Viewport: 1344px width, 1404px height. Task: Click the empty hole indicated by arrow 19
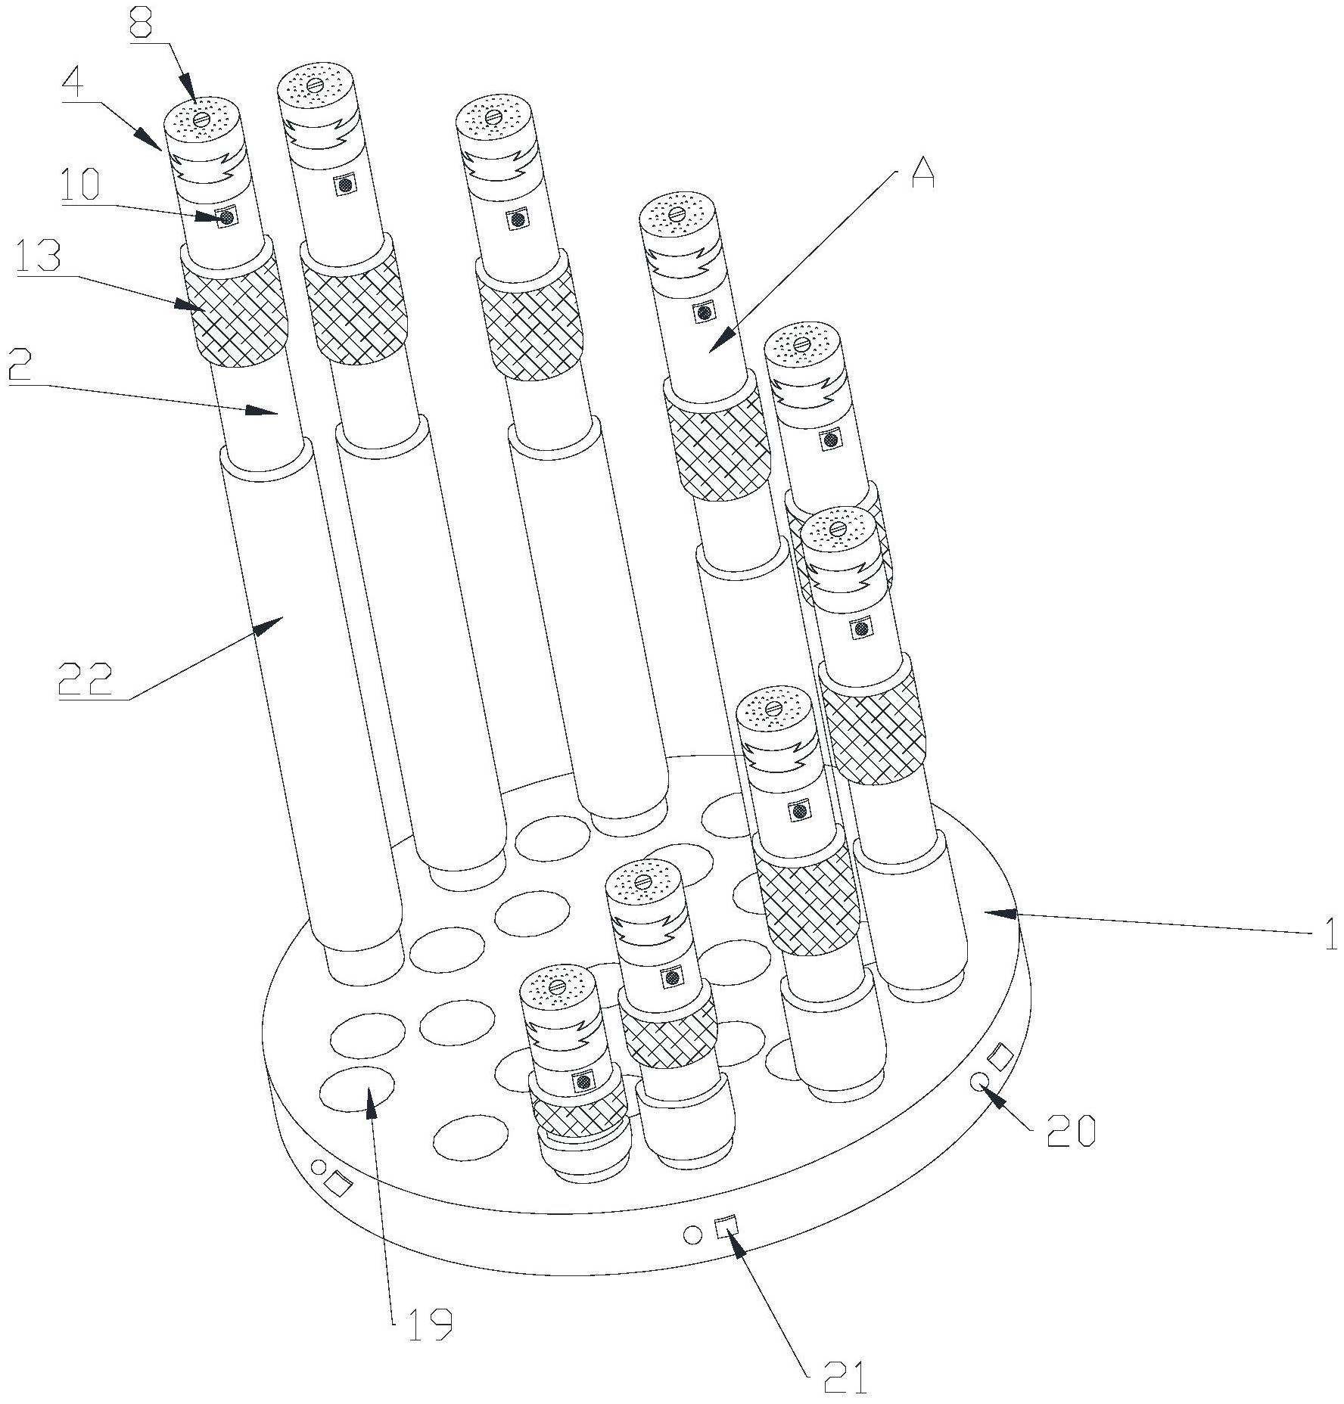pyautogui.click(x=357, y=1089)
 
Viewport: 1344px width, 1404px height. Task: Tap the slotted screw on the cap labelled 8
pyautogui.click(x=201, y=120)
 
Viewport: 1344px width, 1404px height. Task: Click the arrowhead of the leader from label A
pyautogui.click(x=718, y=341)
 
